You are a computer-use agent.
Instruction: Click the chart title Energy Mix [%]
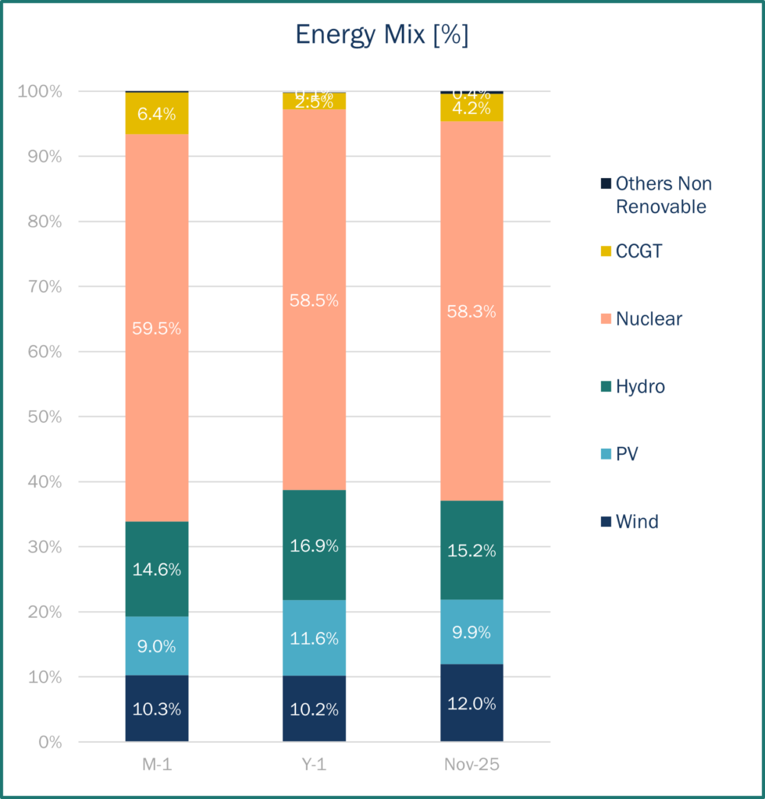coord(382,35)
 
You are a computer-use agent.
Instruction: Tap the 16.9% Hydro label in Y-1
coord(315,545)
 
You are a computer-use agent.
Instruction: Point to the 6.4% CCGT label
coord(157,113)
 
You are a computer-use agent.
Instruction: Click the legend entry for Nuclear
coord(649,318)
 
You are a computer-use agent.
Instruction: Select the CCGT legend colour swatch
coord(606,251)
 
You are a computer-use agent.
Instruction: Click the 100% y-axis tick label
coord(39,91)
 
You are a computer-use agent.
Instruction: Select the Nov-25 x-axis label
coord(471,765)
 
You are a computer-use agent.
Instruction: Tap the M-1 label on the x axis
coord(157,765)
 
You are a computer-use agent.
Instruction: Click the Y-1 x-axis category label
coord(315,765)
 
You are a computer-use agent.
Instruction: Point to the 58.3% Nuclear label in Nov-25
coord(471,311)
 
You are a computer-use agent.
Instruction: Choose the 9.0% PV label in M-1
coord(157,646)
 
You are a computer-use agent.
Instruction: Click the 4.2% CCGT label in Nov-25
coord(471,108)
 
